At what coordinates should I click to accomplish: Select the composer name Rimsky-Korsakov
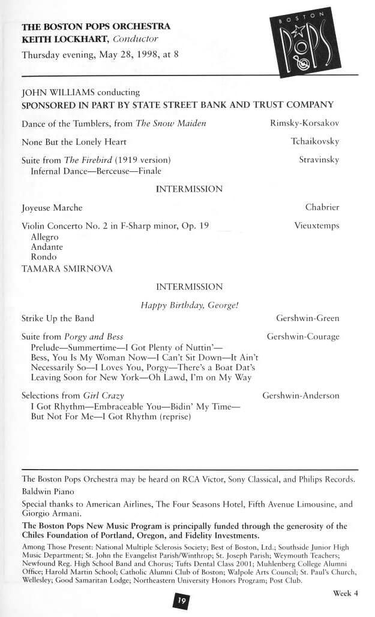[305, 123]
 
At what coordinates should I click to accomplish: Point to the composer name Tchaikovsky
[315, 142]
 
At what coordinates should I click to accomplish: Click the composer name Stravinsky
[319, 160]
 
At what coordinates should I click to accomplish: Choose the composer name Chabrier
[322, 207]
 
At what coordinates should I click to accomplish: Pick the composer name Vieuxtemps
[317, 226]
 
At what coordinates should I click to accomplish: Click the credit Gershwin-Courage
[303, 337]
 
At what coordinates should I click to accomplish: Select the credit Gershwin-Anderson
[301, 395]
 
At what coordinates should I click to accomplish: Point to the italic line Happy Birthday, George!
[190, 305]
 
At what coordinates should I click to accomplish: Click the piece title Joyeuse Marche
[52, 208]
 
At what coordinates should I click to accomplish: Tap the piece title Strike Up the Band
[58, 318]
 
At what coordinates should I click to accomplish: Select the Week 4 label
[345, 594]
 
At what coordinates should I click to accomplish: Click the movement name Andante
[47, 247]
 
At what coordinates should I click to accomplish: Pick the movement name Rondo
[44, 257]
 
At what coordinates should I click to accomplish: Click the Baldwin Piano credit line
[47, 490]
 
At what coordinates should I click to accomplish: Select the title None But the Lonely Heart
[74, 143]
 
